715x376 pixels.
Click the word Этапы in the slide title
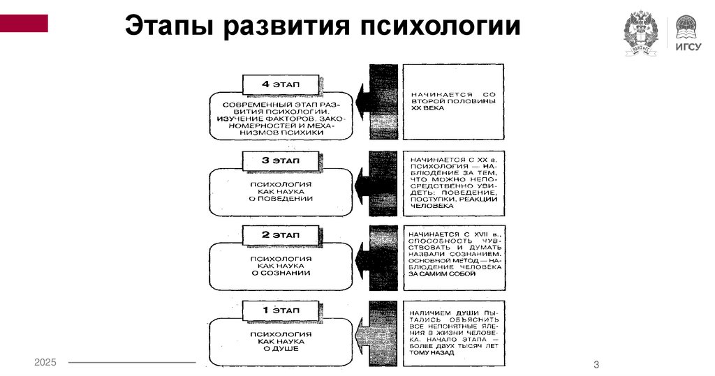[167, 27]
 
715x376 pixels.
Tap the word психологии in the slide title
[441, 27]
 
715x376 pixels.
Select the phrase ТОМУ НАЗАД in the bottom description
[433, 353]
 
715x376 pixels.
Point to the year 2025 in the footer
[45, 362]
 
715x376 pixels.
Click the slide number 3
[596, 365]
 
